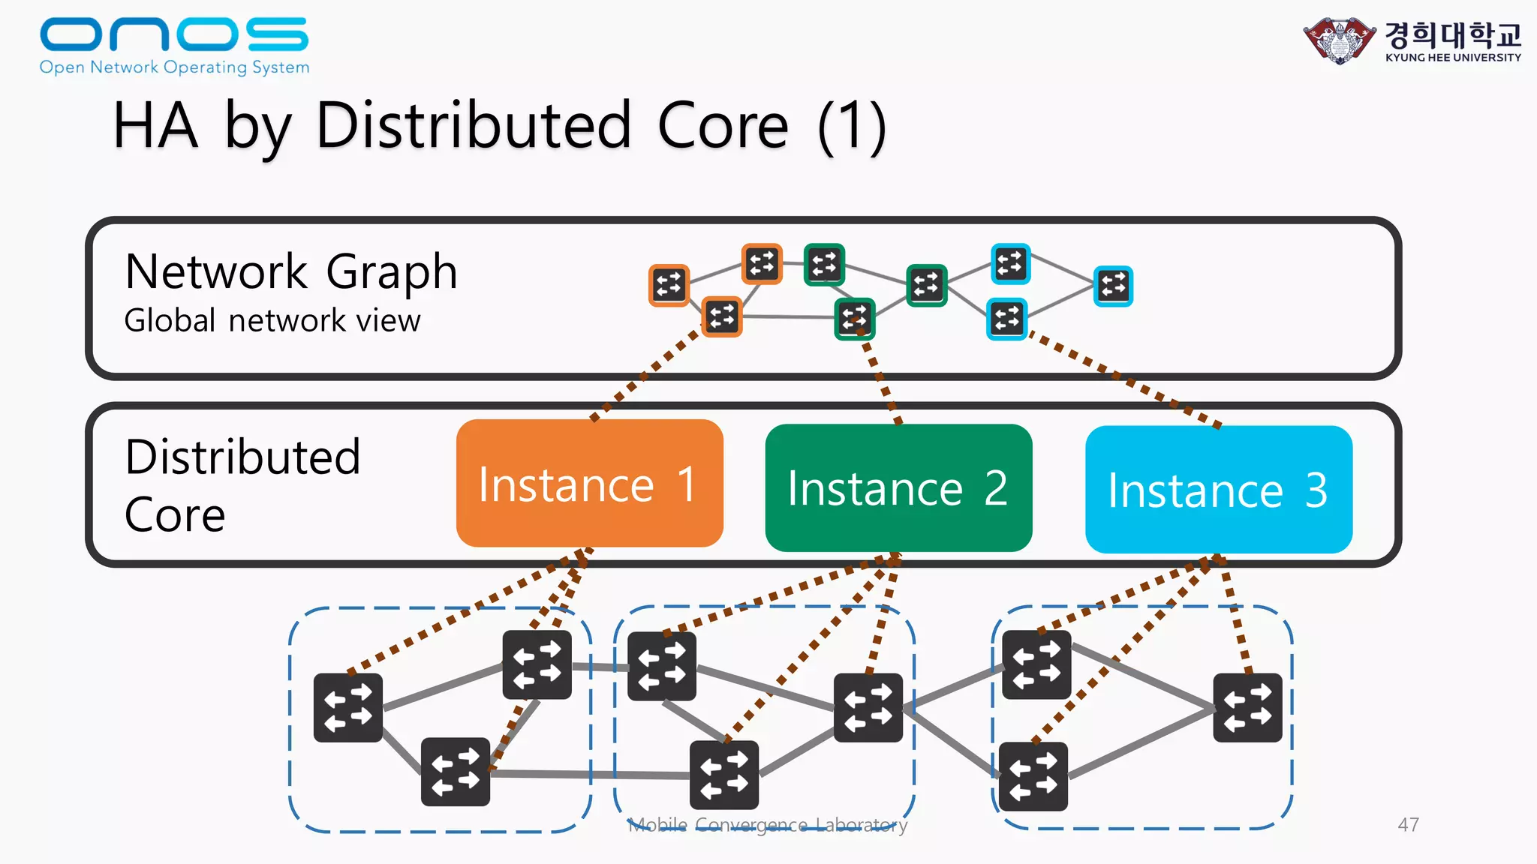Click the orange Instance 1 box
(589, 483)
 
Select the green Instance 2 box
(898, 487)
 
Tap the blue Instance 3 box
(1218, 490)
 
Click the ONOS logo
(174, 45)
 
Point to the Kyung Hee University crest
(1340, 40)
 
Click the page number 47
(1408, 824)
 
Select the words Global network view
(272, 321)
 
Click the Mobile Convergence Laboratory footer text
(767, 825)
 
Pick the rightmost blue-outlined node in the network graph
(1113, 286)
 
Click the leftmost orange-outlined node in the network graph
(669, 285)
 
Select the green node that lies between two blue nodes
(926, 285)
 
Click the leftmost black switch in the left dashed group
(347, 707)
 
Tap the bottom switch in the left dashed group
(455, 772)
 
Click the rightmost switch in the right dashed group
(1247, 707)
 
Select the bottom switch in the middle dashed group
(723, 775)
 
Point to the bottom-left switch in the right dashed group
(1033, 776)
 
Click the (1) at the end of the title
(852, 127)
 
